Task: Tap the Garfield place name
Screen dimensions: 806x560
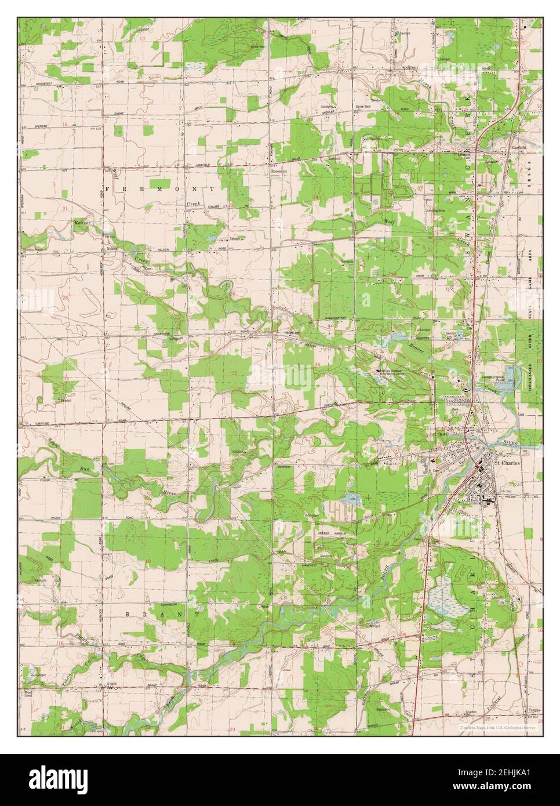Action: click(x=519, y=147)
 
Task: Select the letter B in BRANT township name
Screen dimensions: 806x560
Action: click(x=128, y=613)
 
